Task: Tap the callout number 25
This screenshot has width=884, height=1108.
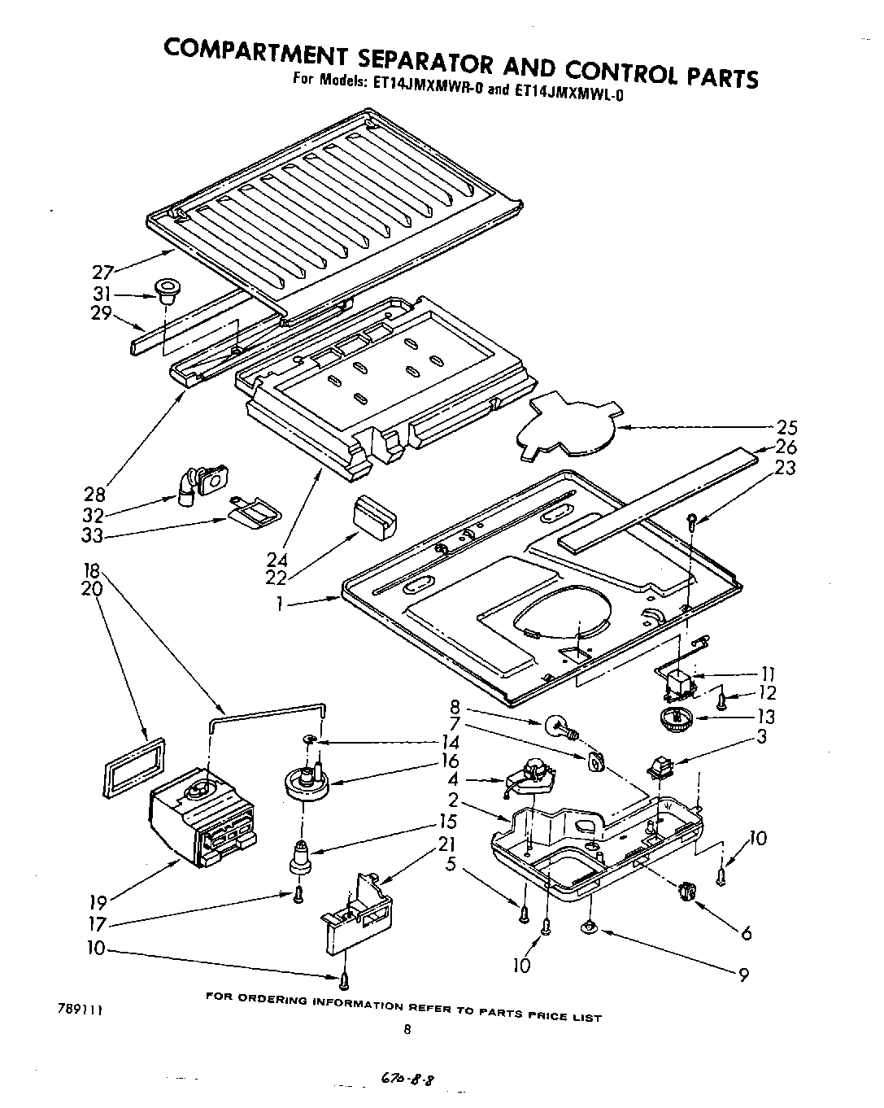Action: point(786,428)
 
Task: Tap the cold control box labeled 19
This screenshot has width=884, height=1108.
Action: point(202,818)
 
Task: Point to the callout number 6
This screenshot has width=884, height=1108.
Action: point(746,933)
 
